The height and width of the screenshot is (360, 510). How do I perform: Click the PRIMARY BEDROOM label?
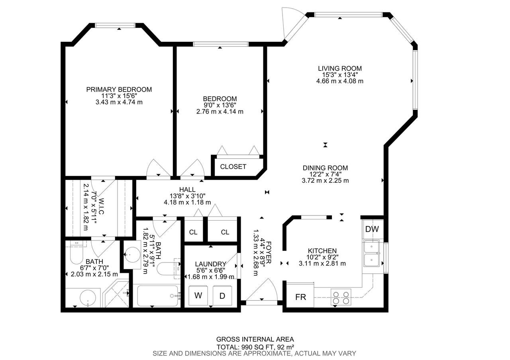point(119,90)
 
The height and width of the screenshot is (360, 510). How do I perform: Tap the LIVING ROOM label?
point(340,68)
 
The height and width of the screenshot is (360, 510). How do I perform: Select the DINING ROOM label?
point(325,168)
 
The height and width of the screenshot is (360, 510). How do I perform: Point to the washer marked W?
point(198,295)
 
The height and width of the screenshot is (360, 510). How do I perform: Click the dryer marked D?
point(222,295)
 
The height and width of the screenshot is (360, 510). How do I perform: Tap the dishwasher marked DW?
point(372,229)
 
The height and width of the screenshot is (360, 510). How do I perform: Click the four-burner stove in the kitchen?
point(341,297)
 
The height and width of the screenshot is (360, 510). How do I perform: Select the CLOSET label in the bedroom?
point(233,167)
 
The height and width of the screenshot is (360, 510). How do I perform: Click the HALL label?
point(187,190)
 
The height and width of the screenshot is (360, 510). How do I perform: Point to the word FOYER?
point(269,252)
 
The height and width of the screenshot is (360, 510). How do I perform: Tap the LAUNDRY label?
point(211,264)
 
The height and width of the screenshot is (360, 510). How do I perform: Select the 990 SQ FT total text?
point(255,347)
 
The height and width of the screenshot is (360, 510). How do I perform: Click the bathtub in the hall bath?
point(157,296)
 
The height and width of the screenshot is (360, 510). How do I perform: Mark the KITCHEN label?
point(322,251)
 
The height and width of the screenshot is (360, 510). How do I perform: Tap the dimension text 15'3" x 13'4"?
point(340,74)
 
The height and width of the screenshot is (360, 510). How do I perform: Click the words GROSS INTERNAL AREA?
point(255,339)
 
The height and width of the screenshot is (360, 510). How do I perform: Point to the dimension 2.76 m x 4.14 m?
point(220,112)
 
